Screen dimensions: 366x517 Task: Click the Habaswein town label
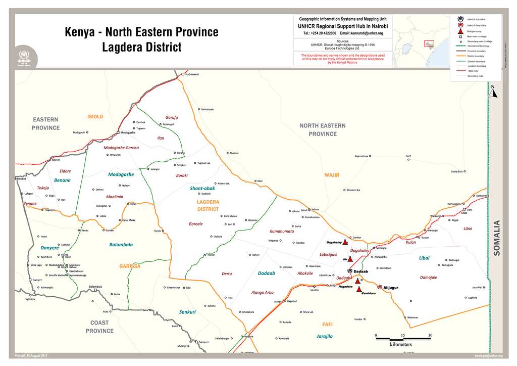[x=192, y=74]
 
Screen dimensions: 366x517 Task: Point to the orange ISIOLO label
[x=95, y=116]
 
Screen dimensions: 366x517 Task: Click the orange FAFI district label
[x=327, y=324]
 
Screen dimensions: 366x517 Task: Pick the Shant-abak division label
[x=202, y=188]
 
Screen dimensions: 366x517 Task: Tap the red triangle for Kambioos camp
[x=359, y=290]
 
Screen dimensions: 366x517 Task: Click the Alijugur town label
[x=391, y=288]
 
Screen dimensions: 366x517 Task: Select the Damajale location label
[x=428, y=277]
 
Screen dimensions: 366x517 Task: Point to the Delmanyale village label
[x=207, y=109]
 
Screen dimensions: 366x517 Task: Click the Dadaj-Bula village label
[x=457, y=171]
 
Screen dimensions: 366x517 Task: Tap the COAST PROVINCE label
[x=99, y=327]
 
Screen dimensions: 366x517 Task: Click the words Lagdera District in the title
[x=141, y=48]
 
